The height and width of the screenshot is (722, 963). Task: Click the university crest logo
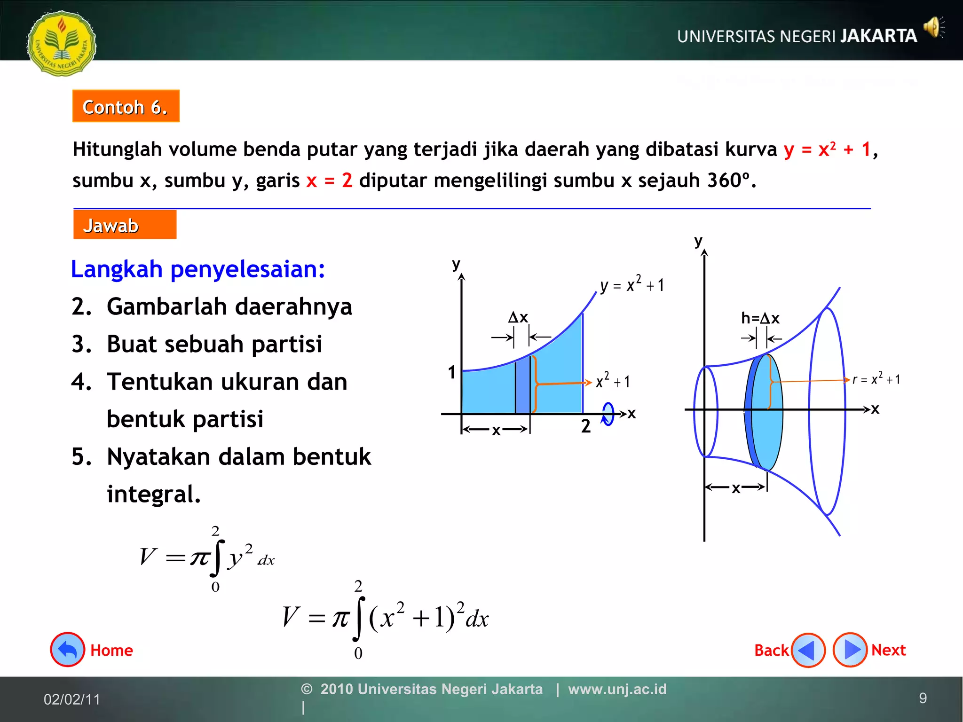(62, 43)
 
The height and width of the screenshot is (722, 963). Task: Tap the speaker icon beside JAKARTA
(933, 28)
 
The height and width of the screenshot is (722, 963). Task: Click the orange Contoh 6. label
(126, 106)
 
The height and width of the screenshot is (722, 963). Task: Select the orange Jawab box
(125, 225)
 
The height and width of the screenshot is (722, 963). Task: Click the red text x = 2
(329, 180)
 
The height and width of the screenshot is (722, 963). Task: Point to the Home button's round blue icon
(68, 650)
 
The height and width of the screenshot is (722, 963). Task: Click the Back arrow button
(808, 650)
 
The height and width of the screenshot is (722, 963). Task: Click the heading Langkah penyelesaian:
(198, 269)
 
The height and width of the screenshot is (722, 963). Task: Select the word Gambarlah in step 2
(167, 306)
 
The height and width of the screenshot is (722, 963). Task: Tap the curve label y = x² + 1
(632, 284)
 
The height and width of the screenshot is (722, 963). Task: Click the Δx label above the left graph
(518, 317)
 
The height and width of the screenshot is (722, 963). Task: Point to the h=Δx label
(760, 318)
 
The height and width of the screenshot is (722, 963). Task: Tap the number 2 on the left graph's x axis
(585, 426)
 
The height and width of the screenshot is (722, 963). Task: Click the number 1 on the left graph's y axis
(452, 372)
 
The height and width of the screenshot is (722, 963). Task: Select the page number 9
(923, 698)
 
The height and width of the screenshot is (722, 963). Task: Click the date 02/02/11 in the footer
(72, 699)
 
